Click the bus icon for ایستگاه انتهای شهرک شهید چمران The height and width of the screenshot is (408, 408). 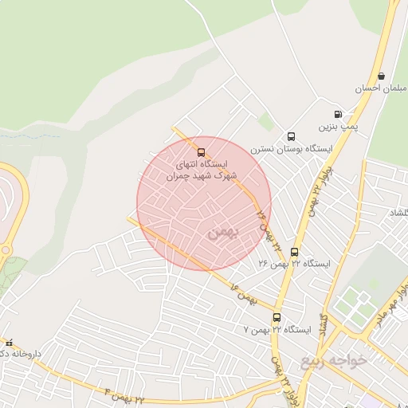(x=200, y=152)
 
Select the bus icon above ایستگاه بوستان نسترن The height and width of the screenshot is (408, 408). (x=291, y=136)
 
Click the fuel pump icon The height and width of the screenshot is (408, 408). (x=338, y=114)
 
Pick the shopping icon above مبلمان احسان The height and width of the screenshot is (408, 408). (x=381, y=76)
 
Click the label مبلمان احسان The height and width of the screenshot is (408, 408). (x=386, y=88)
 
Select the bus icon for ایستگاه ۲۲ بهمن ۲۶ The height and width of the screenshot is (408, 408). (x=294, y=253)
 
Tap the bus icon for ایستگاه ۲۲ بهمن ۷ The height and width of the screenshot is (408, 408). (x=277, y=317)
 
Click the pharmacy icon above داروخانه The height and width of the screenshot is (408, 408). (x=9, y=342)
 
